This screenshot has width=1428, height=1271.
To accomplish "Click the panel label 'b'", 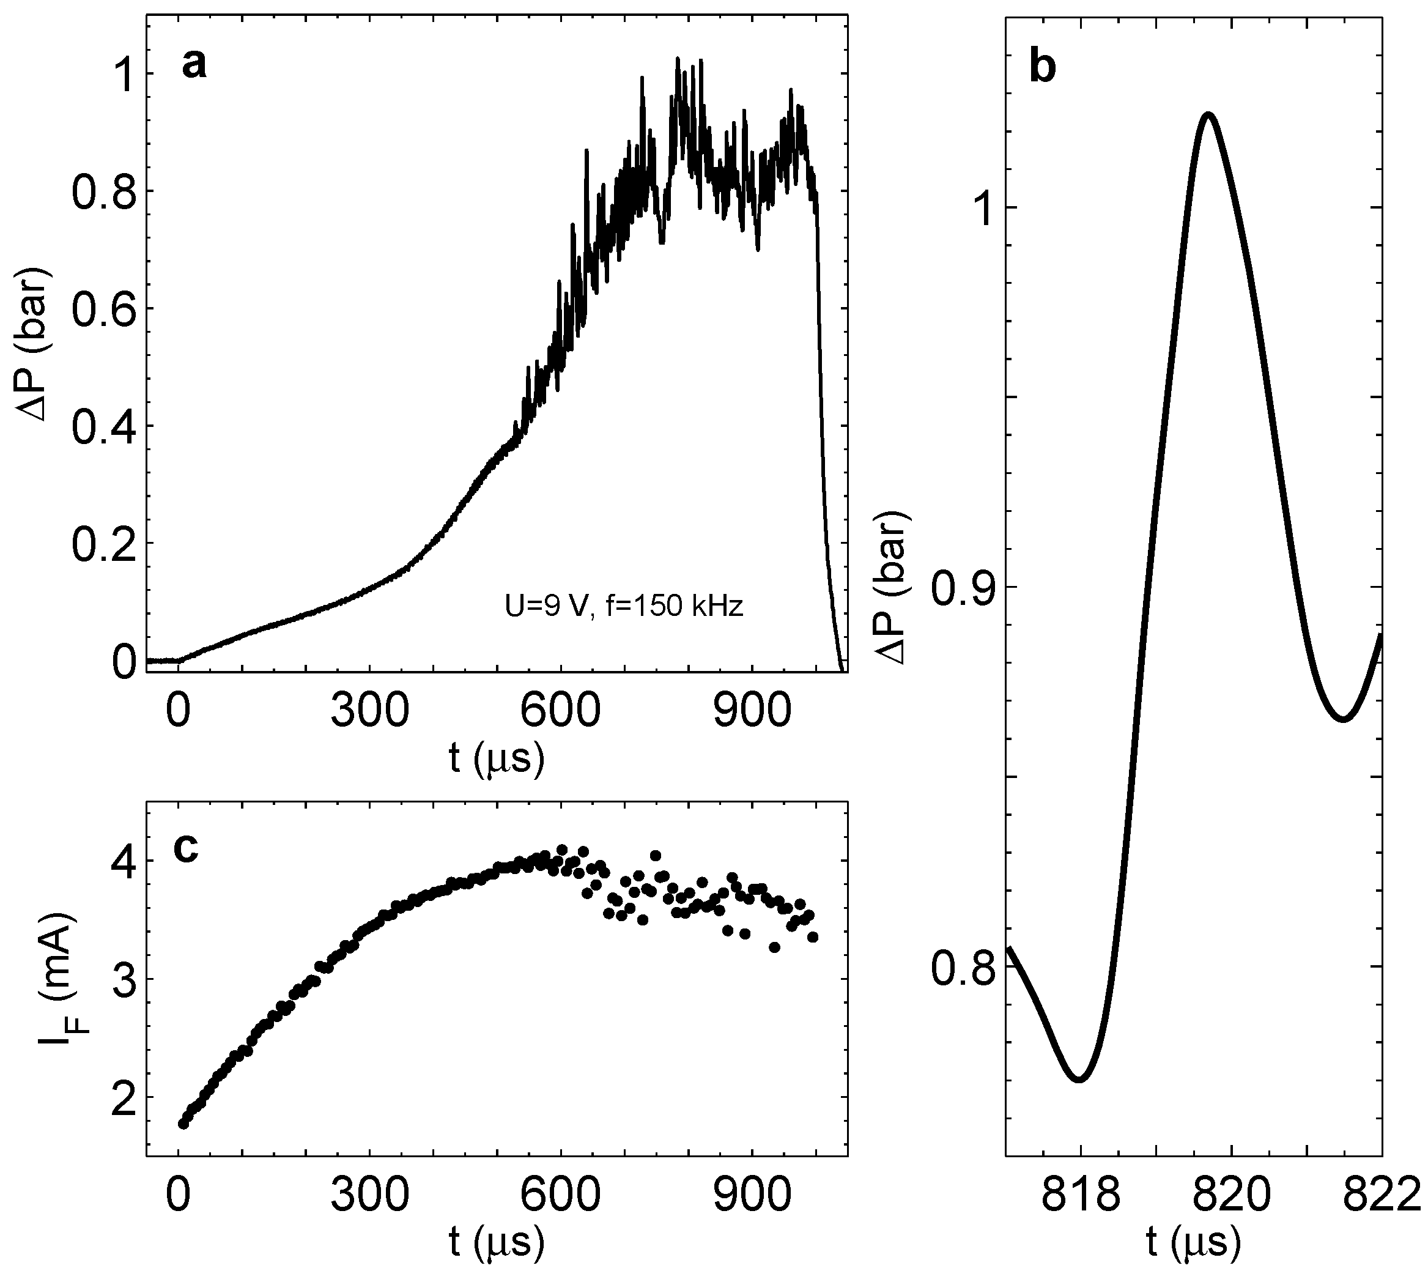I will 1043,69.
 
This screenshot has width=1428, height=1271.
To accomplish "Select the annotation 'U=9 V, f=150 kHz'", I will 624,606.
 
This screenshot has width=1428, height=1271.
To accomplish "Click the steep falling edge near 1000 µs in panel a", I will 823,419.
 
